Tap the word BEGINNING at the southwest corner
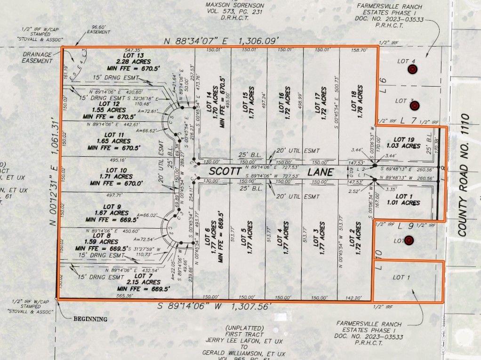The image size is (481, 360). pyautogui.click(x=90, y=319)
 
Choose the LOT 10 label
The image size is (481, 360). pyautogui.click(x=116, y=170)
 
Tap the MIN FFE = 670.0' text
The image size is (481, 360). pyautogui.click(x=116, y=184)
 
